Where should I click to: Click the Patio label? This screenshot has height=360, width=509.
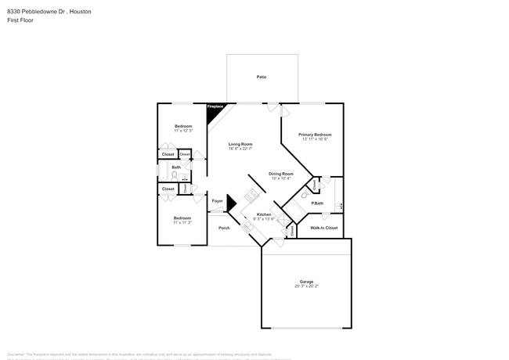tap(262, 77)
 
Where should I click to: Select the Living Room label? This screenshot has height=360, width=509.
tap(240, 144)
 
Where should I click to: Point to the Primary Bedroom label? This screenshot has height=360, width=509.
tap(314, 134)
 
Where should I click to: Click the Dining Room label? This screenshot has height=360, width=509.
tap(280, 173)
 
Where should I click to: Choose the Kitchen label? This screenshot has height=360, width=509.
tap(264, 214)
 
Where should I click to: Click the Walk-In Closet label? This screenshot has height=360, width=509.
tap(323, 228)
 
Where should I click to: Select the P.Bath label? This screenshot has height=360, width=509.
tap(318, 203)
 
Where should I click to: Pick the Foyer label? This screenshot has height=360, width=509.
tap(217, 201)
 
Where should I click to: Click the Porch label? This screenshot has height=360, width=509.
tap(224, 228)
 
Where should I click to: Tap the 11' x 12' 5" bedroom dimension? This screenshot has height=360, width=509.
tap(182, 131)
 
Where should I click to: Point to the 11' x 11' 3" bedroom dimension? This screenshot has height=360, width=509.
tap(182, 222)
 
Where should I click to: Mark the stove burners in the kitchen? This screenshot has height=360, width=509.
tap(252, 196)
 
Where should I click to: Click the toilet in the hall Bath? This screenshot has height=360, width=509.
tap(174, 175)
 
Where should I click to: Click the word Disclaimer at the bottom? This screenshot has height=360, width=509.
tap(16, 355)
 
